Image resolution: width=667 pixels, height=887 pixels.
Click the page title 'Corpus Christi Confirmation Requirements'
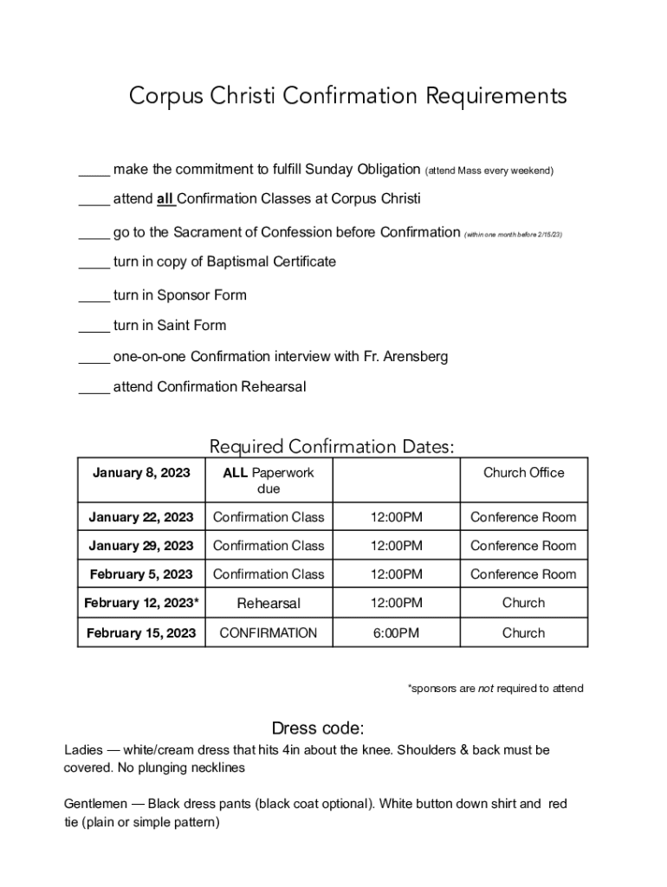coord(347,95)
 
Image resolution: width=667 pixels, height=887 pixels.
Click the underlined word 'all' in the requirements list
coord(165,199)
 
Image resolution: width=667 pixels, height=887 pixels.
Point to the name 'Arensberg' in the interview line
coord(417,357)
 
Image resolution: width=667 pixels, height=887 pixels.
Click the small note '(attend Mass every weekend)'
coord(489,171)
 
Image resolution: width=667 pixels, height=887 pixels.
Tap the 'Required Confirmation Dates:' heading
coord(332,447)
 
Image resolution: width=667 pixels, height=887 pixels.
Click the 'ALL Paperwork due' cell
coord(269,481)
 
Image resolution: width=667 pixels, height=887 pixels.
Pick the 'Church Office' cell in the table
coord(523,473)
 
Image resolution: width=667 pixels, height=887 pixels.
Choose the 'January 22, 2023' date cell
coord(141,517)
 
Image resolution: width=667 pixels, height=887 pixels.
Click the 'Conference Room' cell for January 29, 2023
coord(523,546)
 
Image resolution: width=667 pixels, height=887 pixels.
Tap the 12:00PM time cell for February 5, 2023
coord(397,574)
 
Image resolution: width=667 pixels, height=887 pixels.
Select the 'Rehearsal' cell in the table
coord(269,603)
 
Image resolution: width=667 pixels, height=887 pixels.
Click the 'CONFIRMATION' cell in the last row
coord(269,633)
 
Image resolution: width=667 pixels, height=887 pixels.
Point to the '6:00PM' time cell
coord(397,633)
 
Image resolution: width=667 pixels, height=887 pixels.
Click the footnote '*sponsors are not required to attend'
coord(495,689)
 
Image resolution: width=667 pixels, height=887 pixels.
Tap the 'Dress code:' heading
coord(318,728)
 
